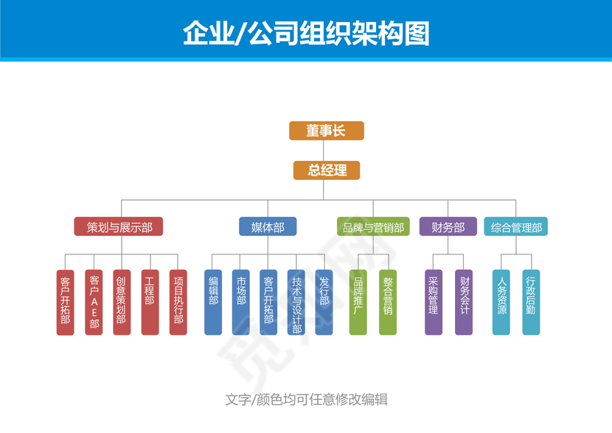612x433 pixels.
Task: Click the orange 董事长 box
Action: pyautogui.click(x=326, y=131)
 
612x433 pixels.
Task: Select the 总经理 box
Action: pyautogui.click(x=326, y=170)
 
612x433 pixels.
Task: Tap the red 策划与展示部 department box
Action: pyautogui.click(x=119, y=226)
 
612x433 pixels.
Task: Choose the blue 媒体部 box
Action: pyautogui.click(x=268, y=226)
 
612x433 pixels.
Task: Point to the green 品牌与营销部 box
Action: pyautogui.click(x=373, y=226)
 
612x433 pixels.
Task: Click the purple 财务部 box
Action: pyautogui.click(x=448, y=226)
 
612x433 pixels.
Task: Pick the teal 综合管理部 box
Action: pyautogui.click(x=516, y=226)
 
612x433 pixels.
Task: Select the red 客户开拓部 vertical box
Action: pyautogui.click(x=65, y=302)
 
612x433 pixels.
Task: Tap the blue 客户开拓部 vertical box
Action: pyautogui.click(x=268, y=302)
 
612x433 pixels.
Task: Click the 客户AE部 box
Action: pyautogui.click(x=94, y=302)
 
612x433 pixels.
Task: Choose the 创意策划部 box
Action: pyautogui.click(x=122, y=302)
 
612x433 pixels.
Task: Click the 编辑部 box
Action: pyautogui.click(x=213, y=302)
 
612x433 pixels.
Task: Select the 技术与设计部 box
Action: pyautogui.click(x=296, y=302)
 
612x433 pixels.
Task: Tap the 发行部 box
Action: pyautogui.click(x=324, y=302)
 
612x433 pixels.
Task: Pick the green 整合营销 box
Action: pyautogui.click(x=388, y=302)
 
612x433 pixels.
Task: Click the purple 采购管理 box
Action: pyautogui.click(x=434, y=302)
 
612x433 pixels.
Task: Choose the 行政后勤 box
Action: pyautogui.click(x=530, y=302)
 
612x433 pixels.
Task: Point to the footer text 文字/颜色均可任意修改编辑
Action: pyautogui.click(x=306, y=400)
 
